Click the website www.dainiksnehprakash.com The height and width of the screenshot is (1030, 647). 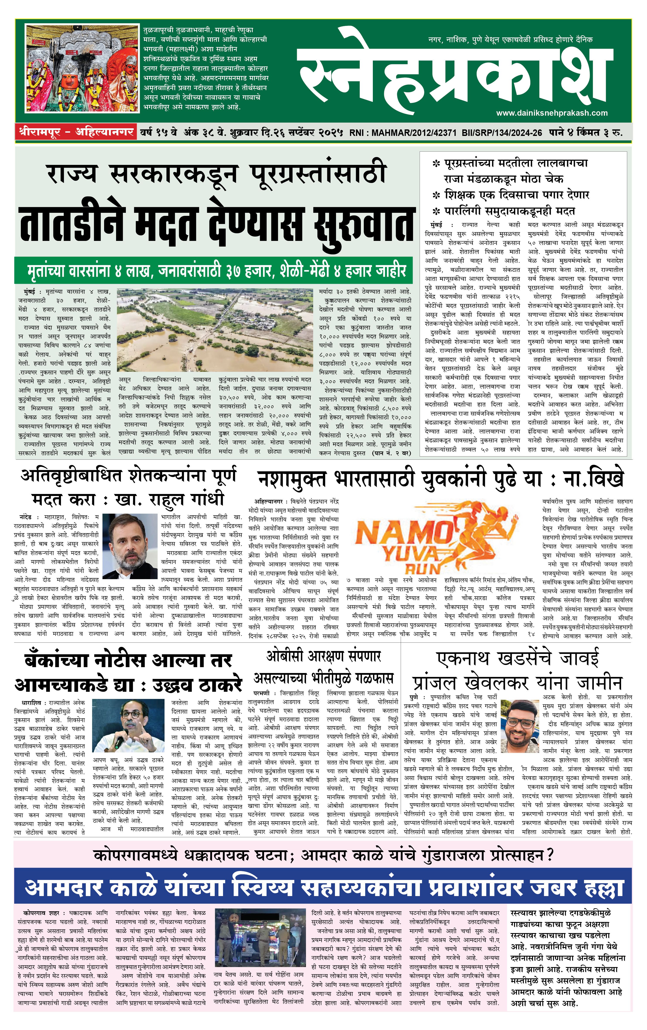552,113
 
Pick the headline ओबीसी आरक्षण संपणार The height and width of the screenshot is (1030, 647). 323,657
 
